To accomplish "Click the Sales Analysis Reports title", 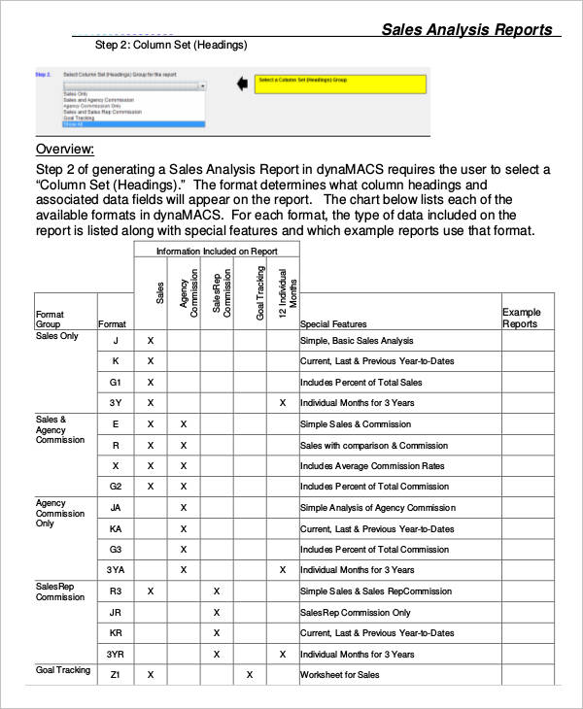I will pyautogui.click(x=466, y=29).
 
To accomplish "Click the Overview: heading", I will pyautogui.click(x=65, y=149).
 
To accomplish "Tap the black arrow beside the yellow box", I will pyautogui.click(x=242, y=84).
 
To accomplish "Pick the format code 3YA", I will pyautogui.click(x=116, y=570).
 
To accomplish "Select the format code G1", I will pyautogui.click(x=116, y=382).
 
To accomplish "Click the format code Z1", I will pyautogui.click(x=116, y=675).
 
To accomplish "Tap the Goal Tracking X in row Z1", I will pyautogui.click(x=250, y=675).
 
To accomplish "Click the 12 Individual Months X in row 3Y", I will pyautogui.click(x=283, y=403).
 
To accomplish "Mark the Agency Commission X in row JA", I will pyautogui.click(x=184, y=508).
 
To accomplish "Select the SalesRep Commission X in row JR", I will pyautogui.click(x=217, y=613).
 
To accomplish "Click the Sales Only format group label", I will pyautogui.click(x=57, y=336).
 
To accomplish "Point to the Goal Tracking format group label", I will pyautogui.click(x=63, y=670).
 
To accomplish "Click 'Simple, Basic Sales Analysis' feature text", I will pyautogui.click(x=357, y=341).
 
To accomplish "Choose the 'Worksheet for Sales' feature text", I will pyautogui.click(x=340, y=675).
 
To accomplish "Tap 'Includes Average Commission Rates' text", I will pyautogui.click(x=372, y=466).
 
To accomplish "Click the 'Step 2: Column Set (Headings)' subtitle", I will pyautogui.click(x=171, y=46).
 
